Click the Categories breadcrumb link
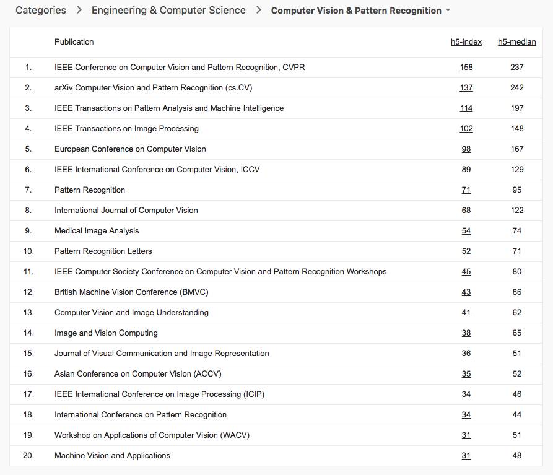pyautogui.click(x=40, y=11)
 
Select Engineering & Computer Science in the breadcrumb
pyautogui.click(x=168, y=11)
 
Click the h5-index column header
pyautogui.click(x=466, y=42)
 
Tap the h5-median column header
pyautogui.click(x=516, y=42)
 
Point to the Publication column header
pyautogui.click(x=74, y=42)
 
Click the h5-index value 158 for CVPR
pyautogui.click(x=466, y=68)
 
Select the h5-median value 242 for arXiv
pyautogui.click(x=516, y=88)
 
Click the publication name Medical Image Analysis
pyautogui.click(x=97, y=231)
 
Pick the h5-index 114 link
pyautogui.click(x=466, y=108)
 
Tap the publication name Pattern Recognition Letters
pyautogui.click(x=103, y=251)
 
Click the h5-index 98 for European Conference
pyautogui.click(x=466, y=149)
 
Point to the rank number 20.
pyautogui.click(x=28, y=456)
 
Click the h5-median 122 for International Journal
pyautogui.click(x=516, y=211)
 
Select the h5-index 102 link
pyautogui.click(x=466, y=129)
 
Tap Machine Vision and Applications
pyautogui.click(x=112, y=456)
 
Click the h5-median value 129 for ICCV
pyautogui.click(x=516, y=170)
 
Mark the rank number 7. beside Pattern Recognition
pyautogui.click(x=28, y=190)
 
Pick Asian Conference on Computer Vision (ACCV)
pyautogui.click(x=137, y=374)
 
